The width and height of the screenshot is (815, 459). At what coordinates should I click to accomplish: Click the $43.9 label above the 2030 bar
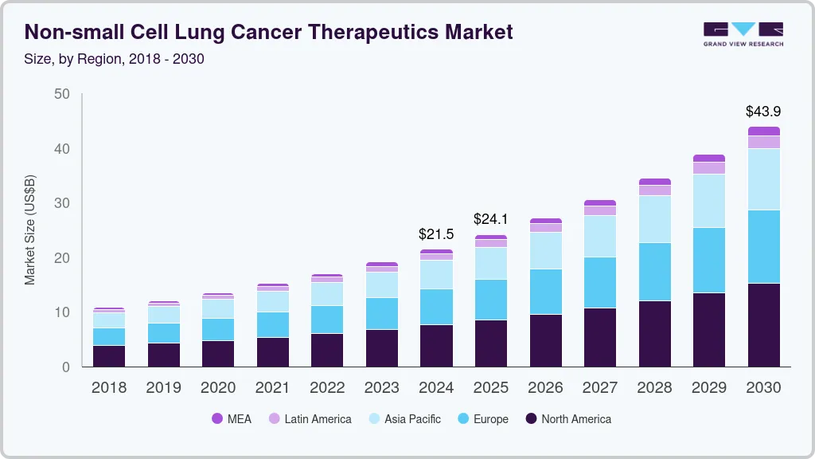coord(763,112)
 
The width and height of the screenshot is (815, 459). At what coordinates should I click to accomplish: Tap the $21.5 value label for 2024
coord(436,234)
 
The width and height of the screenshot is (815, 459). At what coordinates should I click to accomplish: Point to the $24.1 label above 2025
coord(490,218)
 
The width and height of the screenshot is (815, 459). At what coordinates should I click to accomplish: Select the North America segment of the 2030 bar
coord(763,325)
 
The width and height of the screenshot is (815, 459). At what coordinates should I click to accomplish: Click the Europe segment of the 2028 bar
coord(654,272)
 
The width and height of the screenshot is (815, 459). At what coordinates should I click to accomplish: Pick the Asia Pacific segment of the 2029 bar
coord(709,201)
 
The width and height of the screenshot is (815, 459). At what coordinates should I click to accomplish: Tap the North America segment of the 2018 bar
coord(109,356)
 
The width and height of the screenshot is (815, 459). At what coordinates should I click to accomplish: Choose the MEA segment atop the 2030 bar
coord(763,131)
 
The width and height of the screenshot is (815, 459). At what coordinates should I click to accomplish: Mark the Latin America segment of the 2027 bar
coord(600,210)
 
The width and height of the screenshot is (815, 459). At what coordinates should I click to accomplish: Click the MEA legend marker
coord(216,419)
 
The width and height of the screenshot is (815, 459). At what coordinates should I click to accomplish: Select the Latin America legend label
coord(318,419)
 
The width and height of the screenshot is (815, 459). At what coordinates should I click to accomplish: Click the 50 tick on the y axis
coord(62,95)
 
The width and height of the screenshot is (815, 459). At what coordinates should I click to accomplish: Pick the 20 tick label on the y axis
coord(62,258)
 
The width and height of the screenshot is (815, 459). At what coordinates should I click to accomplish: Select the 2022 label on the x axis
coord(327,387)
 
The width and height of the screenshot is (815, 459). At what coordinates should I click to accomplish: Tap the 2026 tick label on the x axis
coord(545,387)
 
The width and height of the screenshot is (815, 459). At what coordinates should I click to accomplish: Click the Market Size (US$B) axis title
coord(30,230)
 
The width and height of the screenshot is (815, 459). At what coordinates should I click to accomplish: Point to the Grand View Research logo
coord(743,34)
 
